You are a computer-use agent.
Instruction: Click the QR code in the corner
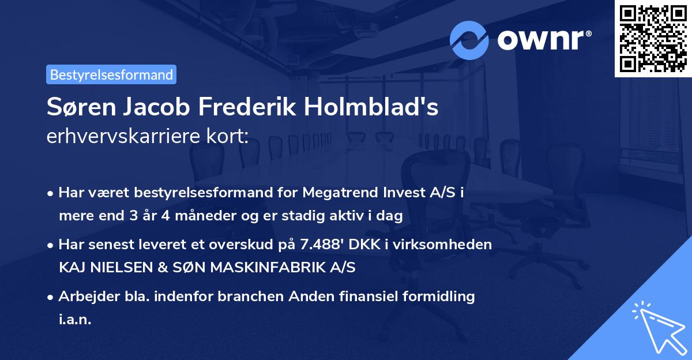(653, 38)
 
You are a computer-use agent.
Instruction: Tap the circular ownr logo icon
(469, 40)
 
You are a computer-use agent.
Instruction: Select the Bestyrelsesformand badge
(111, 74)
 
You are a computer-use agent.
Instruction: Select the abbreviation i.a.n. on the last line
(75, 319)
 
